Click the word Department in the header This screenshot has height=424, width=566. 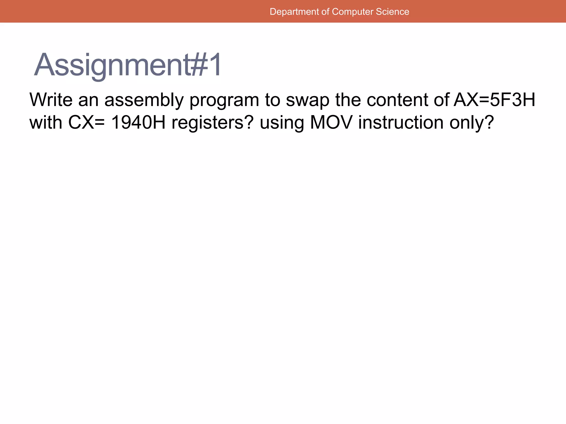point(294,12)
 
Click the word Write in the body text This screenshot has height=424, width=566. point(51,100)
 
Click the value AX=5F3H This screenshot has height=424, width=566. point(494,100)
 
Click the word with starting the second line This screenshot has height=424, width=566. point(46,122)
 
